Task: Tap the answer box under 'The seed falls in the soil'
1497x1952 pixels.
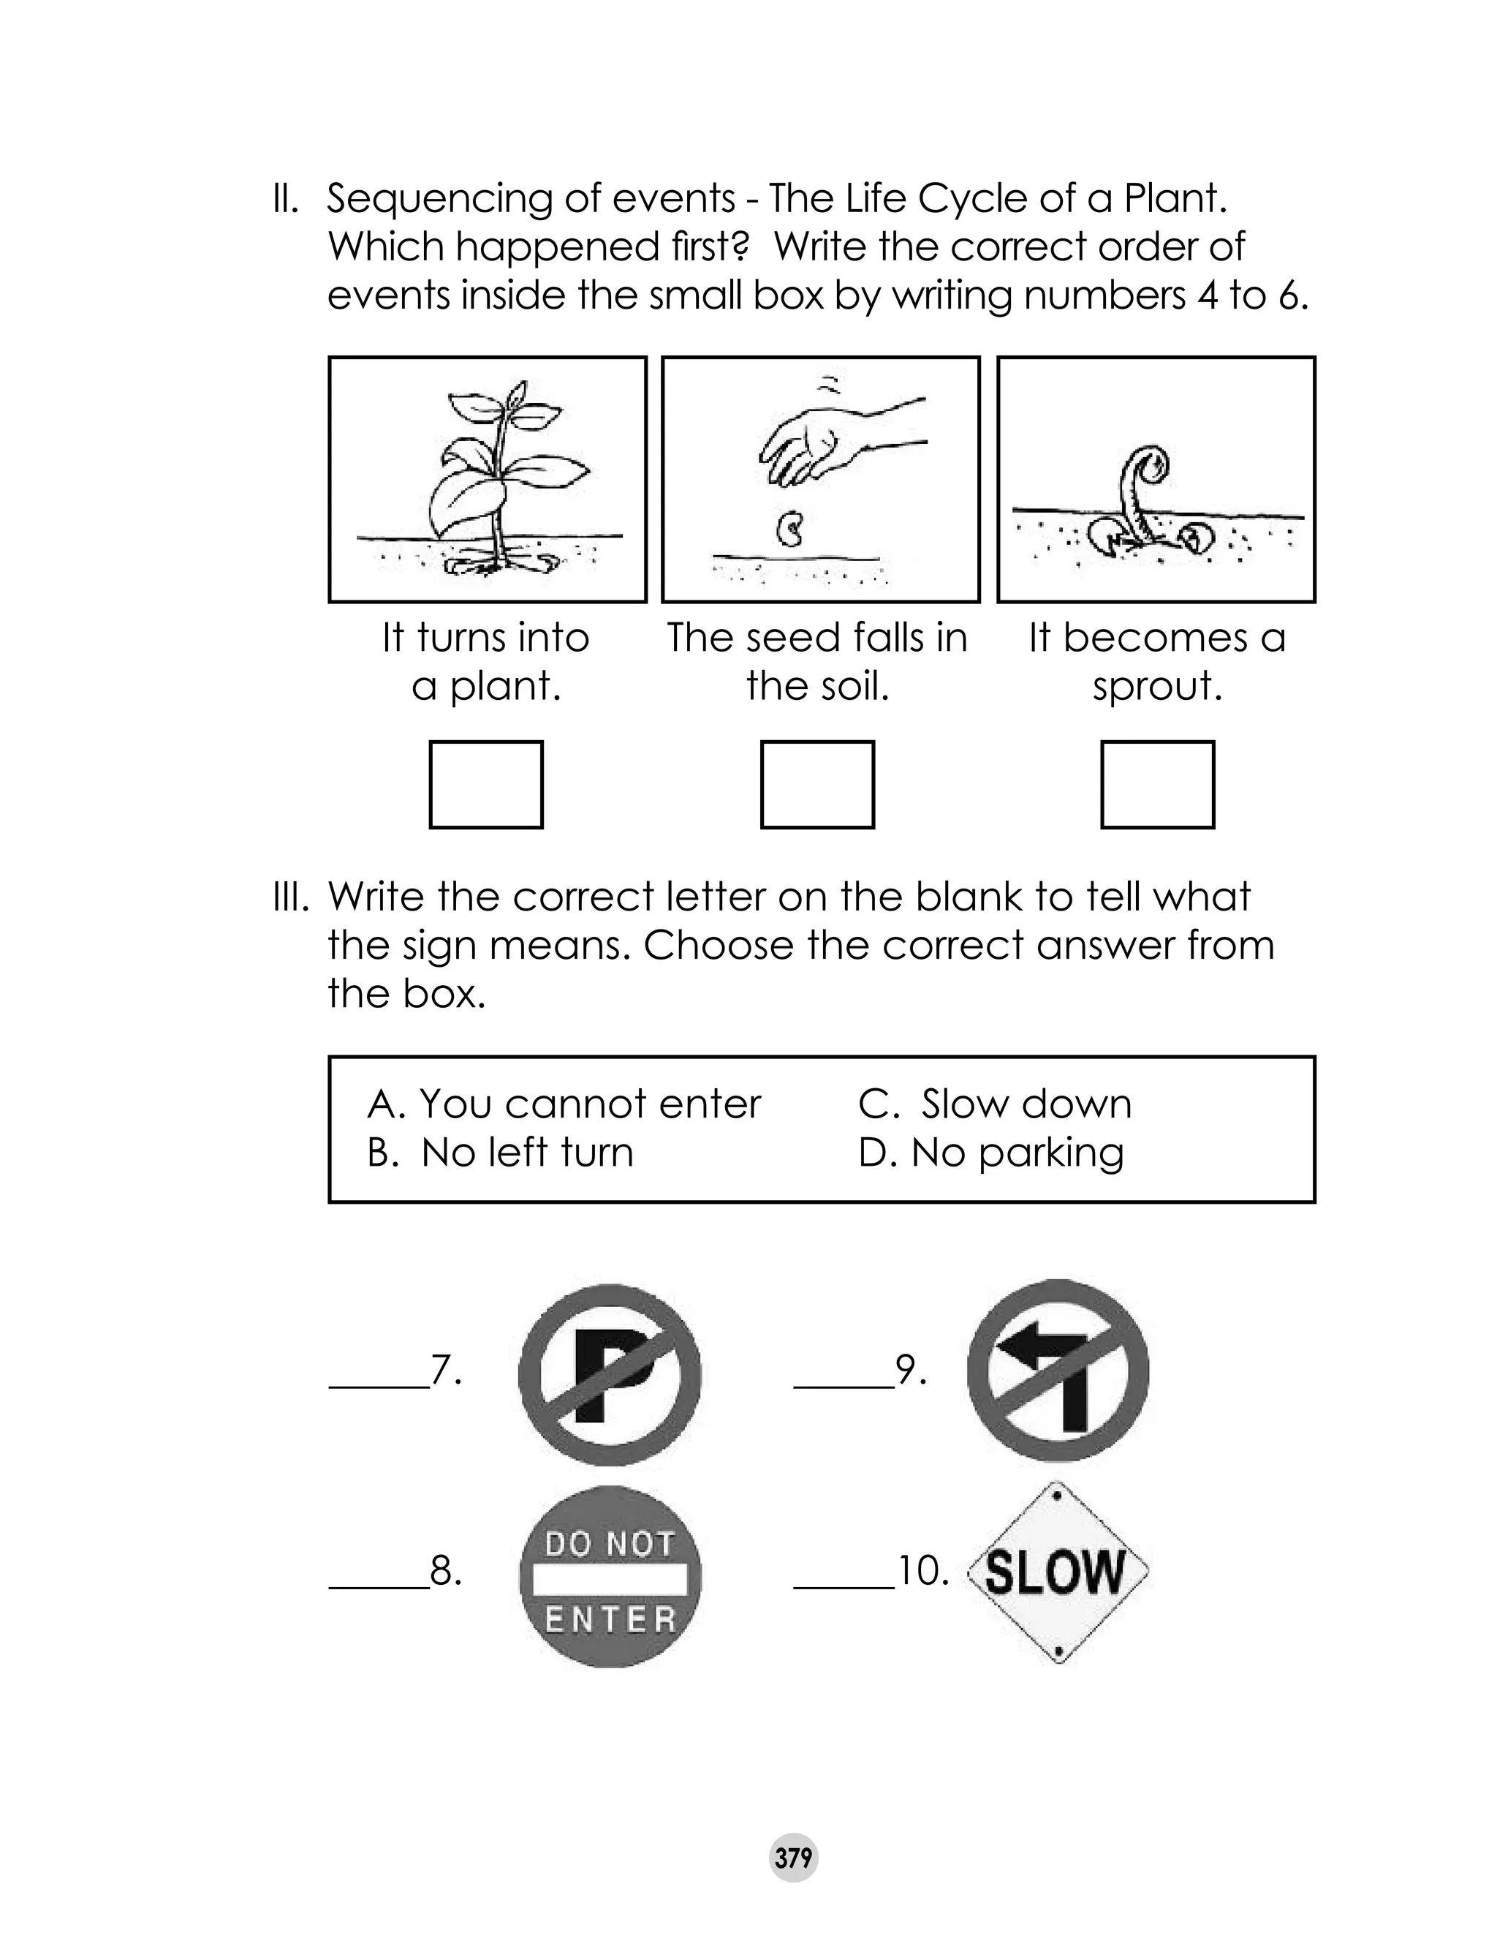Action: pos(817,784)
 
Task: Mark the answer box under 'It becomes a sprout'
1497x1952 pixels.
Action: pos(1158,784)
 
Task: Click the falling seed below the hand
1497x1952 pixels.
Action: pos(790,530)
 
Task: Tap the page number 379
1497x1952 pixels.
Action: pos(793,1858)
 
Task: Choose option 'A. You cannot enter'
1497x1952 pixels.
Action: pos(564,1104)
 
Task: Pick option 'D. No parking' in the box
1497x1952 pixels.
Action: pos(991,1153)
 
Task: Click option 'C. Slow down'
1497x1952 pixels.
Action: pos(994,1104)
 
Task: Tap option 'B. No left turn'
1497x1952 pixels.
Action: pos(500,1153)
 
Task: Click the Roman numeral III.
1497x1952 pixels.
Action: pos(290,897)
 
